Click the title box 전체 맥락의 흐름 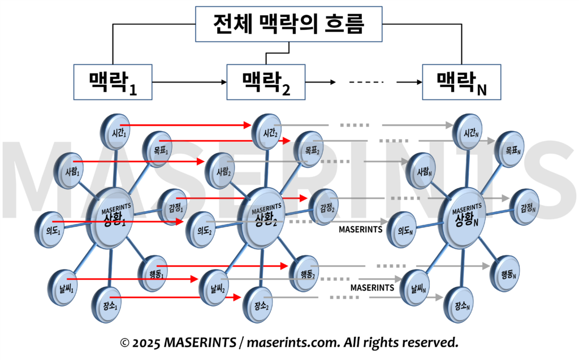(289, 24)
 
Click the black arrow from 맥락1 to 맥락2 (189, 82)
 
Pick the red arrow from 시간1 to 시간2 (187, 124)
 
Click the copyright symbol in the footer (125, 342)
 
